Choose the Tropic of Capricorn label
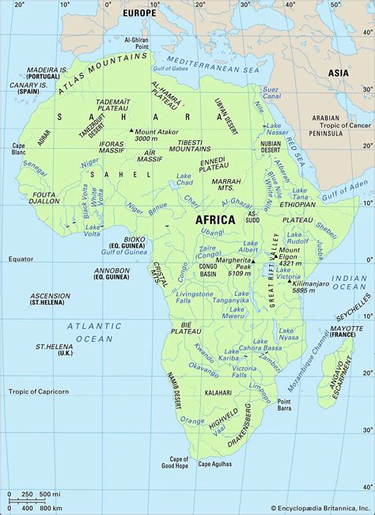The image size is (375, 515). click(39, 392)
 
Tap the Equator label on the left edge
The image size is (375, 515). click(21, 259)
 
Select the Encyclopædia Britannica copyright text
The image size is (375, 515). click(320, 509)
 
